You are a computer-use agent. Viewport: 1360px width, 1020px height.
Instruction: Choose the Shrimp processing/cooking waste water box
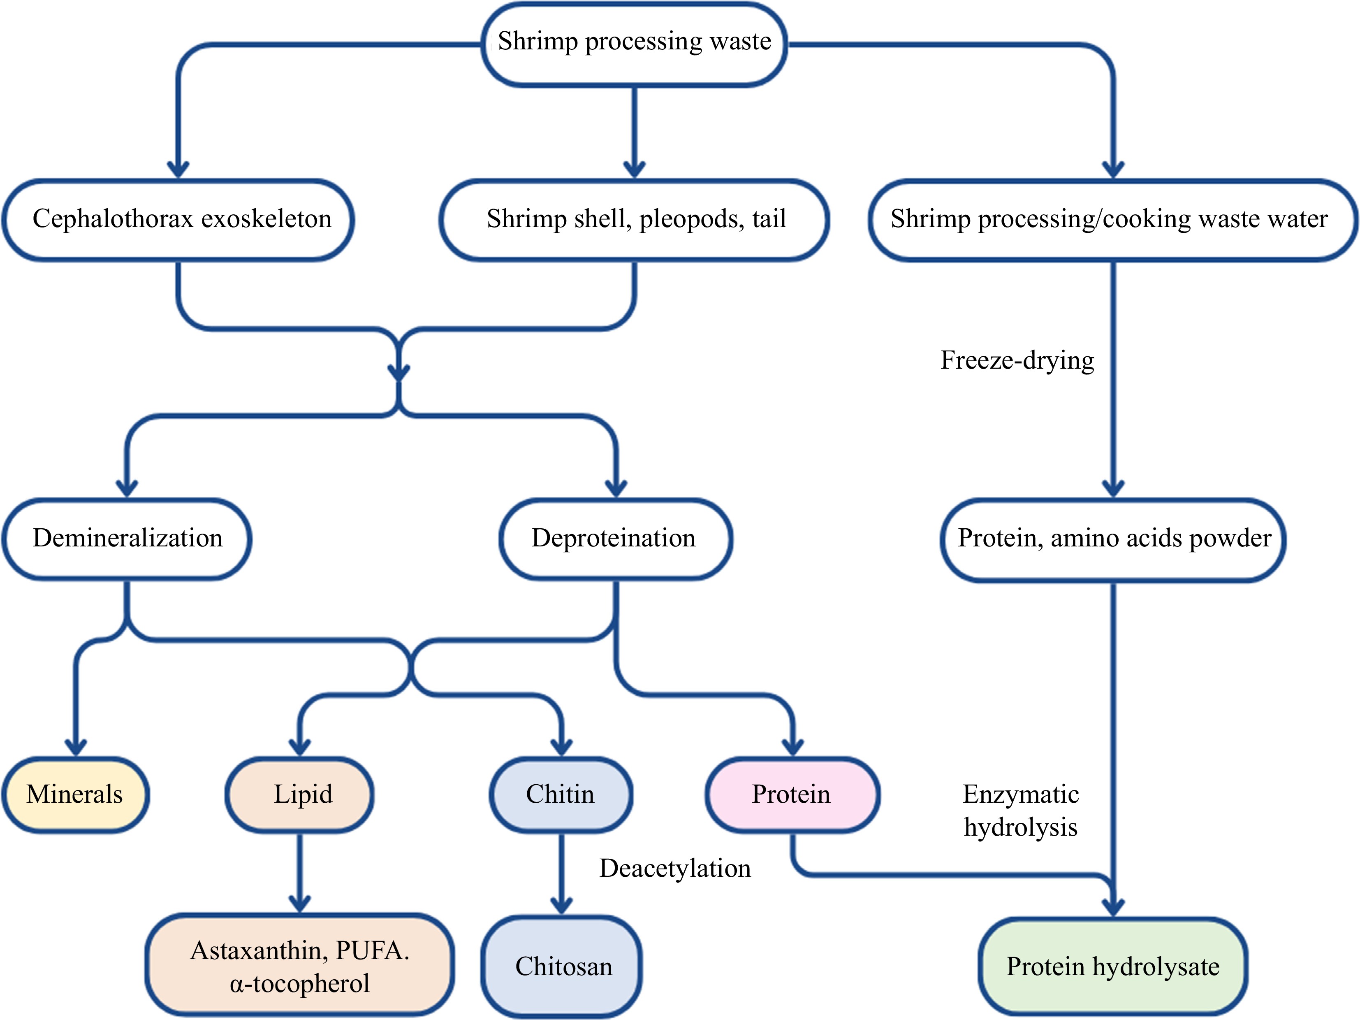point(1113,220)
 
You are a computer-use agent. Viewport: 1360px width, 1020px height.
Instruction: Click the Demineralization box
point(127,539)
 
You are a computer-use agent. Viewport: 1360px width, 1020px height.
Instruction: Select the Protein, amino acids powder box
point(1113,539)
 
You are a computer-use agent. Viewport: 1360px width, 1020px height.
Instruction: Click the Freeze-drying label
point(1017,360)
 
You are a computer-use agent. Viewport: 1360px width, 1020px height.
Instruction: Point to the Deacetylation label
point(675,868)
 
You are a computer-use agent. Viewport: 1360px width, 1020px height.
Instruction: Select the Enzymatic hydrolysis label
point(1021,811)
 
